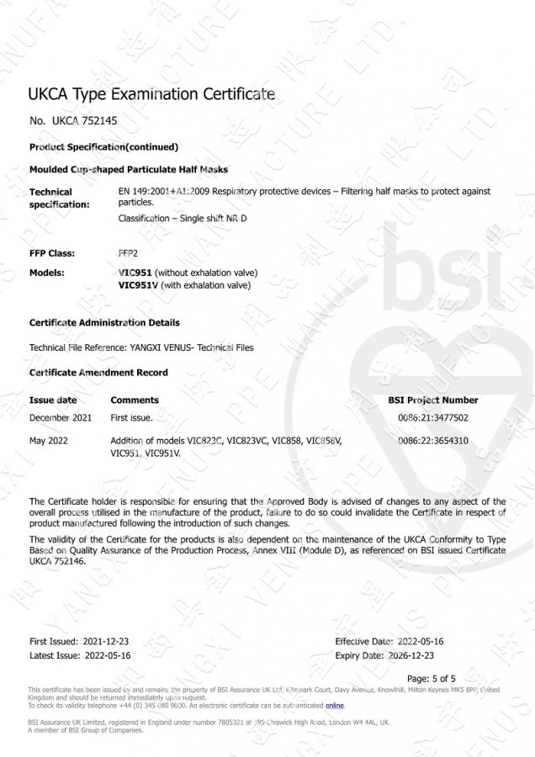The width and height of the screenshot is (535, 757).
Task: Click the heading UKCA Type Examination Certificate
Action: click(x=151, y=94)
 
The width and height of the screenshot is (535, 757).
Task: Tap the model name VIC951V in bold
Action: click(x=140, y=285)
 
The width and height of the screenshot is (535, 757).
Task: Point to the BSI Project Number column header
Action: click(x=432, y=400)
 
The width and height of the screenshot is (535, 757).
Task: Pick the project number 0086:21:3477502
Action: click(x=432, y=417)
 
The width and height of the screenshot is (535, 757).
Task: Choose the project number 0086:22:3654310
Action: click(x=432, y=441)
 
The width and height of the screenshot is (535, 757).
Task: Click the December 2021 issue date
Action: click(x=61, y=417)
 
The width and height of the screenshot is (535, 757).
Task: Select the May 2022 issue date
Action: click(x=49, y=441)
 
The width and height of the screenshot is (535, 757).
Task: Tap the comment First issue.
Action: click(x=132, y=417)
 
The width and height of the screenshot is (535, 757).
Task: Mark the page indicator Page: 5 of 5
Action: click(x=431, y=678)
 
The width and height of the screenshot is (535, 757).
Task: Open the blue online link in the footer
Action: click(x=335, y=706)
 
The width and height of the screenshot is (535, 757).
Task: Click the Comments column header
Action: click(x=135, y=400)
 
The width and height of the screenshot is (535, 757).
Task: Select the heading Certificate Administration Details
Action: click(x=104, y=323)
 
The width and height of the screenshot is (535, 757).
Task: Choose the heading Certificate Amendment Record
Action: click(x=98, y=373)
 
